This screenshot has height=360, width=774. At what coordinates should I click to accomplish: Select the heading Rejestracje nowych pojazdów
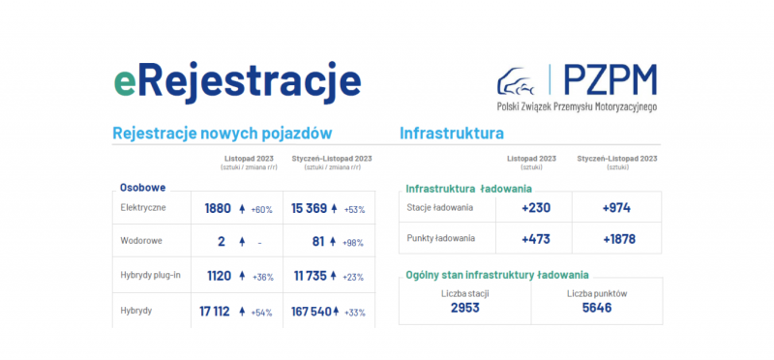tap(223, 133)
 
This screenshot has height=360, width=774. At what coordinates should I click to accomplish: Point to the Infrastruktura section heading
tap(452, 133)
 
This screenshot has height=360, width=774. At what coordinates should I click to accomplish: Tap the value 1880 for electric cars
tap(218, 208)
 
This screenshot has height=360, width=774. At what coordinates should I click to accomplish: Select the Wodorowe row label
tap(141, 242)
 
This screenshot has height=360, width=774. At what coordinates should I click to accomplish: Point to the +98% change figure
tap(351, 242)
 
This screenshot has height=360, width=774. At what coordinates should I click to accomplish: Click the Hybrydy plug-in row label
tap(151, 276)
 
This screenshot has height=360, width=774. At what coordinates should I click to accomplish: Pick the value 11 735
tap(310, 276)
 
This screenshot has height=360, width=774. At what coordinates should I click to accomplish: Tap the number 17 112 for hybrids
tap(215, 312)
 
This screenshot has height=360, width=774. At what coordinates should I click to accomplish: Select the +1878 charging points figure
tap(618, 239)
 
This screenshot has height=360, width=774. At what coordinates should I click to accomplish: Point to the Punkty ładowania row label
tap(440, 239)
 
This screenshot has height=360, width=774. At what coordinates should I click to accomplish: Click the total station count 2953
tap(464, 309)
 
